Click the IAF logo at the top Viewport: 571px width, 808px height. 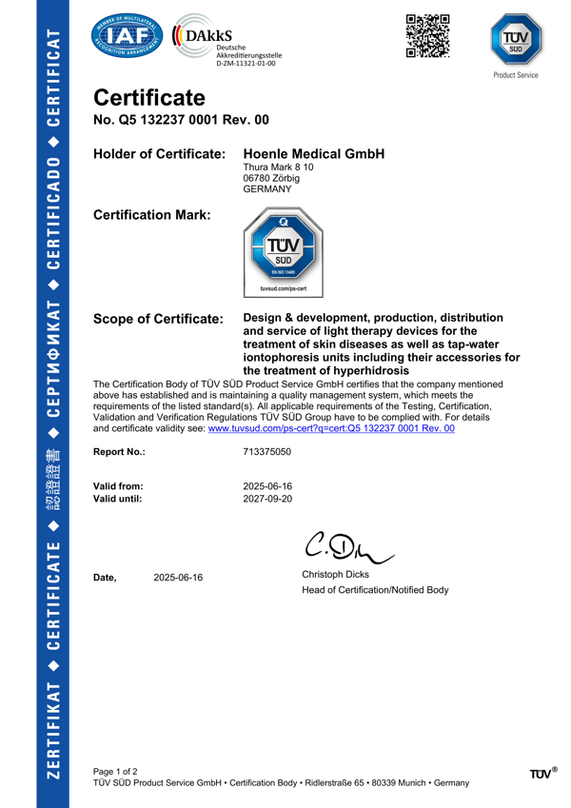pyautogui.click(x=127, y=39)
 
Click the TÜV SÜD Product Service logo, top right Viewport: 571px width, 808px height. pyautogui.click(x=515, y=42)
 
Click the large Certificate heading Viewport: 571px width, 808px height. pyautogui.click(x=148, y=98)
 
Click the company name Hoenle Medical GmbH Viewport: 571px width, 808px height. pyautogui.click(x=314, y=153)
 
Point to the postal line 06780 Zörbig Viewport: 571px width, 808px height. pyautogui.click(x=272, y=178)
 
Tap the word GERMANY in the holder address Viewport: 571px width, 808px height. pyautogui.click(x=269, y=189)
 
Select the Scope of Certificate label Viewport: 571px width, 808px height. pyautogui.click(x=158, y=319)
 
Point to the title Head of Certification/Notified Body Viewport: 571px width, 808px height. pyautogui.click(x=374, y=590)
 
